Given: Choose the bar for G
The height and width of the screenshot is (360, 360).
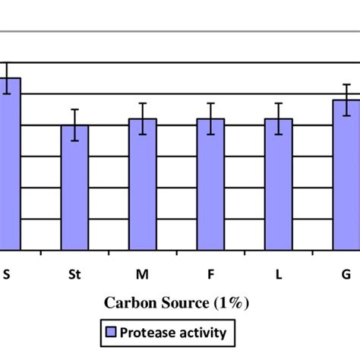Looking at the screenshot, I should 346,175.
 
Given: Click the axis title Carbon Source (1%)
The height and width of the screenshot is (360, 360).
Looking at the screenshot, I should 176,303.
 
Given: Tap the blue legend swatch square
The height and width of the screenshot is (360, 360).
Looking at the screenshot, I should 111,332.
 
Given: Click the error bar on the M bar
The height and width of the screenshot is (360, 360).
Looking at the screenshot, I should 142,118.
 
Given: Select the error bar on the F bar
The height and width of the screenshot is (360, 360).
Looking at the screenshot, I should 210,118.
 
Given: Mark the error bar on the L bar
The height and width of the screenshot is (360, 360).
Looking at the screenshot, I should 278,118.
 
